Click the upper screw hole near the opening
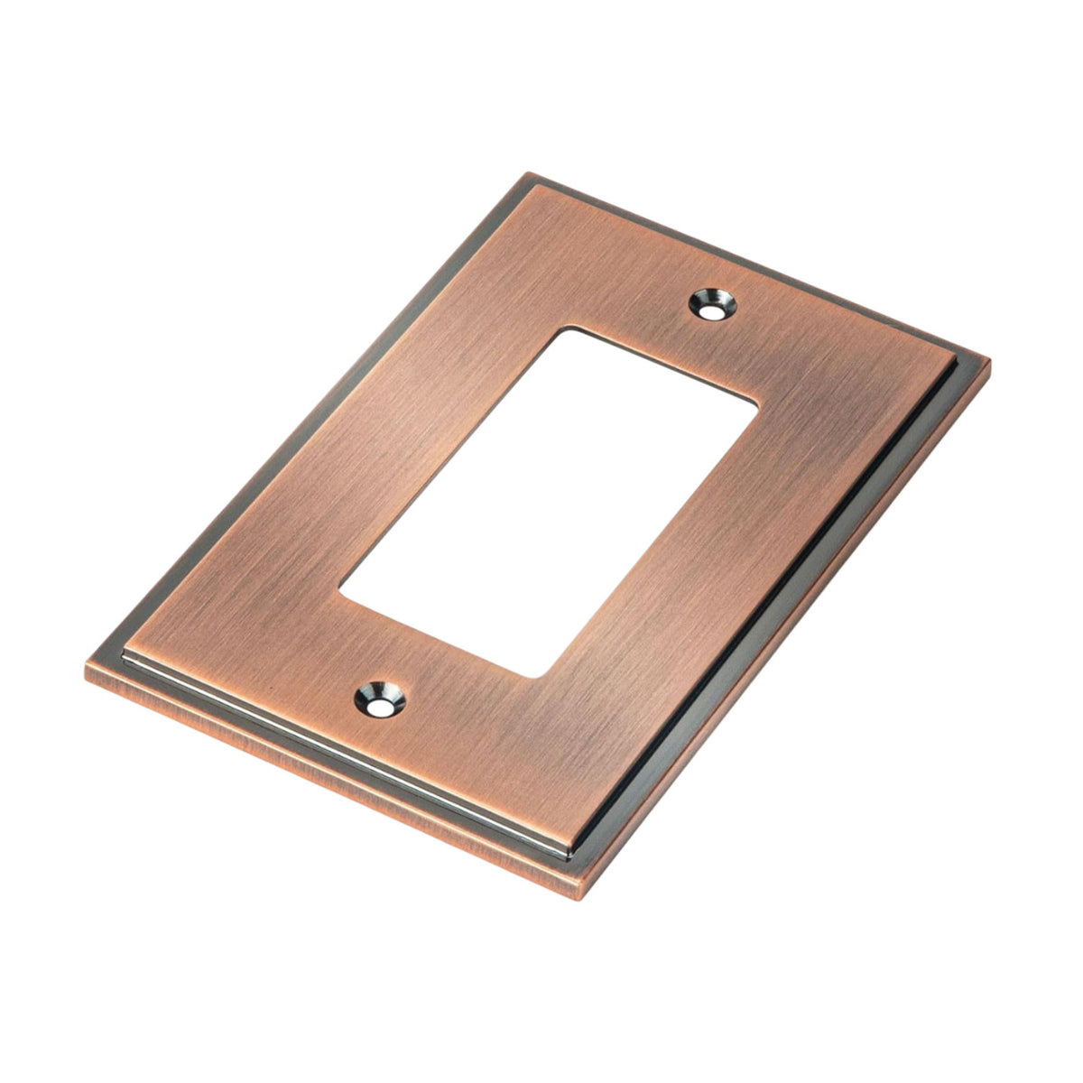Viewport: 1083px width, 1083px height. coord(713,304)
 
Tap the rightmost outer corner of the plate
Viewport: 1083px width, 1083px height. coord(990,361)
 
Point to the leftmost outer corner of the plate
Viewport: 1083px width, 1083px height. coord(86,672)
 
